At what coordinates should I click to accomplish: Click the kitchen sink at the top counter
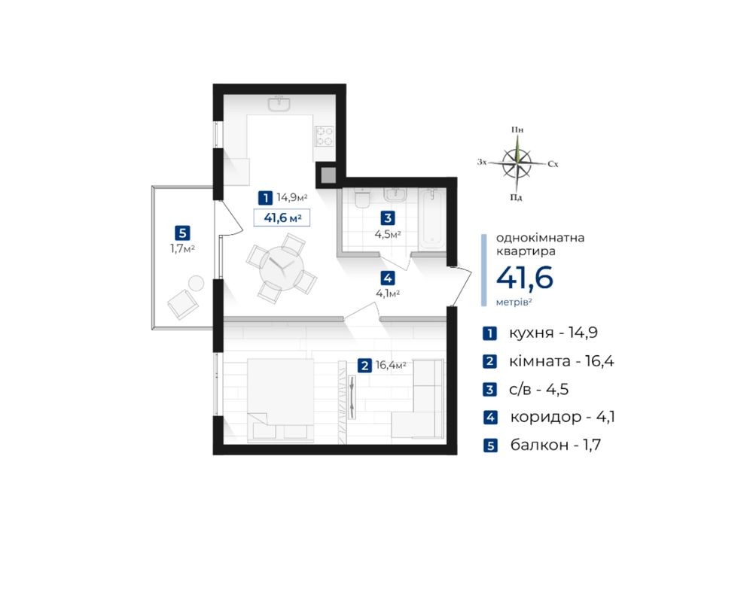279,104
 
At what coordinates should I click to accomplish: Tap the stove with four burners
324,135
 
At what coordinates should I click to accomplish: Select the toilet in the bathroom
361,198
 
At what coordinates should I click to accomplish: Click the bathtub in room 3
432,219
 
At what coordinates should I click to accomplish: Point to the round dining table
282,269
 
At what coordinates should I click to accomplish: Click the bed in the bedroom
280,400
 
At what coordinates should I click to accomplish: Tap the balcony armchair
182,304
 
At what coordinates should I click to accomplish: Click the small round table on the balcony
196,283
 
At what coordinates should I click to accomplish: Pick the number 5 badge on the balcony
182,234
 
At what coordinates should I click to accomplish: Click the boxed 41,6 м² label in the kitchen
282,217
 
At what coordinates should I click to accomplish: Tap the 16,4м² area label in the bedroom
391,365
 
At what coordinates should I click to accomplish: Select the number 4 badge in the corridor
388,278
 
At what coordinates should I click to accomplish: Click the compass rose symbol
517,163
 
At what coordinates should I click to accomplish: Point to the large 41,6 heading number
524,278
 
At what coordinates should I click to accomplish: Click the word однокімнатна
540,238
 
